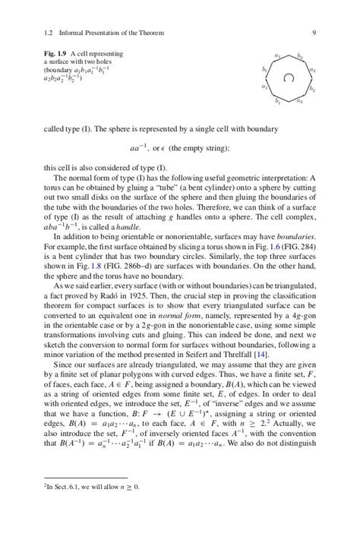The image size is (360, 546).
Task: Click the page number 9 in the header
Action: pos(314,33)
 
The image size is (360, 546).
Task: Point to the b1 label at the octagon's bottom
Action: pos(279,101)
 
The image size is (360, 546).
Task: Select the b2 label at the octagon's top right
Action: pos(300,55)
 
